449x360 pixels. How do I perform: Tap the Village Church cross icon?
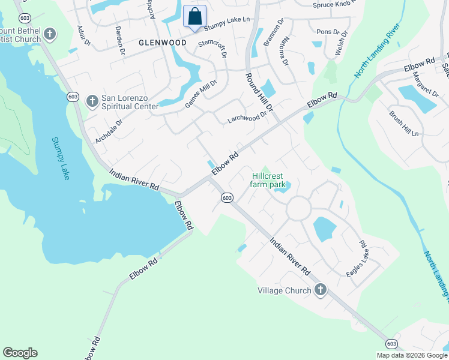click(x=320, y=290)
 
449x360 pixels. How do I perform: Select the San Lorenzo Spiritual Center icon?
click(x=92, y=100)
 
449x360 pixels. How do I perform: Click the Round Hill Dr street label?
click(x=258, y=93)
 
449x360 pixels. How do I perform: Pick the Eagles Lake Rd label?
click(x=357, y=259)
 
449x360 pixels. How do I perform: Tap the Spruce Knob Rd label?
click(x=339, y=5)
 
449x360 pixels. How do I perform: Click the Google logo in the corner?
click(x=20, y=352)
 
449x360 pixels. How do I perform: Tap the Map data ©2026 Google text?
click(x=412, y=355)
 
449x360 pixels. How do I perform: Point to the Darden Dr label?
click(x=119, y=40)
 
